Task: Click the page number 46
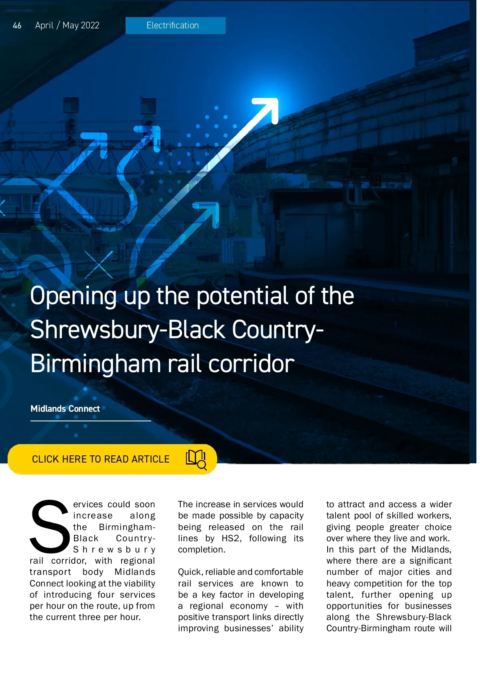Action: click(17, 26)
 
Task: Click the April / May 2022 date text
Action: click(67, 26)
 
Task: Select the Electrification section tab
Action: click(175, 26)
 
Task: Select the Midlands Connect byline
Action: click(65, 409)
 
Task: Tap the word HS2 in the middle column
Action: click(231, 538)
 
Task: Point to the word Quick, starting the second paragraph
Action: click(190, 572)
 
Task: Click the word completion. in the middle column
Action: click(202, 550)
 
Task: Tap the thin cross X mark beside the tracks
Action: click(98, 264)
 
